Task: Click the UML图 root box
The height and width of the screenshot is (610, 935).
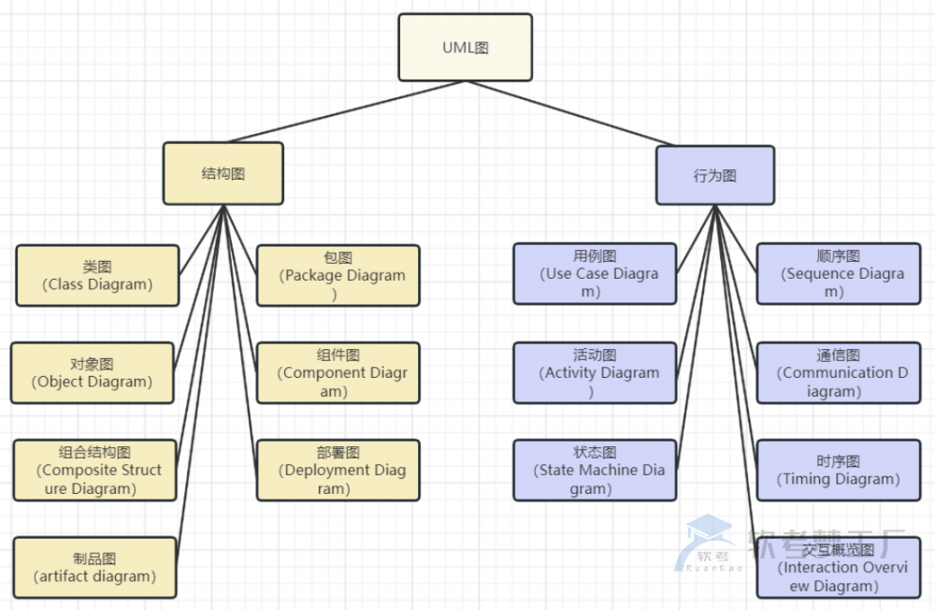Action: (465, 47)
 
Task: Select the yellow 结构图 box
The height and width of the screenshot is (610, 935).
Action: (223, 173)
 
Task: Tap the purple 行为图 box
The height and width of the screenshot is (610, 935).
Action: (715, 175)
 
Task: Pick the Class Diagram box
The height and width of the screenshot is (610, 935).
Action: (97, 275)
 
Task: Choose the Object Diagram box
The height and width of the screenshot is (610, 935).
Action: (92, 372)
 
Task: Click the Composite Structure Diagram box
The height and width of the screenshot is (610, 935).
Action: (94, 470)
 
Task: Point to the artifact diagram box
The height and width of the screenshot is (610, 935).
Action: (94, 567)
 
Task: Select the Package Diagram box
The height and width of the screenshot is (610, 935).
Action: (338, 275)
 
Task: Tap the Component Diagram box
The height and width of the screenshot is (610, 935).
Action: (338, 372)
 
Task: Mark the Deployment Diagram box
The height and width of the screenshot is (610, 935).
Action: (338, 470)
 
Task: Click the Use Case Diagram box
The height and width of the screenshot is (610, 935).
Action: (594, 273)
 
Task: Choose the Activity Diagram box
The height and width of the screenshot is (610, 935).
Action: (594, 372)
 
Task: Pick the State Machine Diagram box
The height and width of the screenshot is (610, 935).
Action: (594, 470)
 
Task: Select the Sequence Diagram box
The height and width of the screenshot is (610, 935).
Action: (838, 273)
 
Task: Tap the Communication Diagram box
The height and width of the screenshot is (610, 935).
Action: (838, 372)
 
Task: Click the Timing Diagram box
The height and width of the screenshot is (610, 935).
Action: (838, 470)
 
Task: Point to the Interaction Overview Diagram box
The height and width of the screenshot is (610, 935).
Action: (838, 567)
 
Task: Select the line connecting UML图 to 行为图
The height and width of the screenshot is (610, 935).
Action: (570, 113)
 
